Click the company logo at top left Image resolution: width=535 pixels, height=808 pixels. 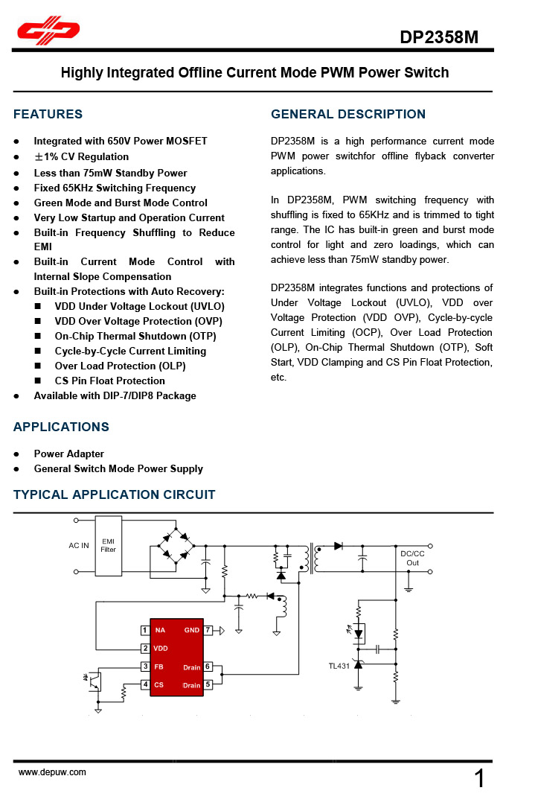click(49, 31)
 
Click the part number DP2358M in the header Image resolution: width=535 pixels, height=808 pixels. click(439, 37)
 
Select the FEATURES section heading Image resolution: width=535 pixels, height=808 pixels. click(48, 114)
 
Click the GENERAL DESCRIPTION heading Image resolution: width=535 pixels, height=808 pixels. click(348, 114)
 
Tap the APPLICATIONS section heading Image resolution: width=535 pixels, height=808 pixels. click(61, 427)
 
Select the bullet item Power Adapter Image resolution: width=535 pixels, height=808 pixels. click(68, 454)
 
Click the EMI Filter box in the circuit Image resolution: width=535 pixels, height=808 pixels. click(109, 546)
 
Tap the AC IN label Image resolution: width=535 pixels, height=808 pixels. click(79, 546)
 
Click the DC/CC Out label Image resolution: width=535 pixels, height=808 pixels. click(412, 558)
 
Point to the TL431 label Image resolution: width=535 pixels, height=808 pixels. click(339, 666)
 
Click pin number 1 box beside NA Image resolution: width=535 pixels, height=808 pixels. click(144, 630)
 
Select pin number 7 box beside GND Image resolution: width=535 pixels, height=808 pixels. click(208, 630)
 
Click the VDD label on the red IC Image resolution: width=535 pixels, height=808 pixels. click(161, 649)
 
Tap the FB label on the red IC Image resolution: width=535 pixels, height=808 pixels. click(158, 667)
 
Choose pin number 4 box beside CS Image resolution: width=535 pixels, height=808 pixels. click(144, 684)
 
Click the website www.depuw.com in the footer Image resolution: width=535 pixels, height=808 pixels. click(52, 772)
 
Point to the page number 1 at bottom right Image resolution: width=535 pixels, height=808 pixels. click(480, 779)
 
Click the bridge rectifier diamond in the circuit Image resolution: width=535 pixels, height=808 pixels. click(176, 546)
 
